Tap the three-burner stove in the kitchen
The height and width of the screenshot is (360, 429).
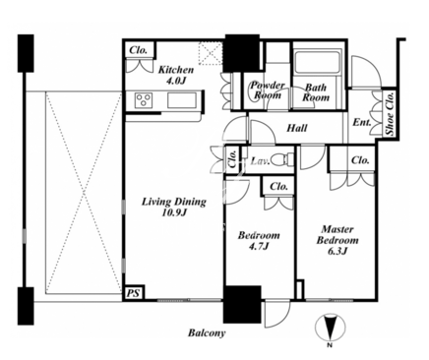145,100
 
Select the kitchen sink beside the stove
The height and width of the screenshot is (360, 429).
182,100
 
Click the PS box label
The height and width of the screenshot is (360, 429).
134,293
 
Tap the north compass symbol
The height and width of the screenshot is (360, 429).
331,329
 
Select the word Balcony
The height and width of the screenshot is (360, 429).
207,333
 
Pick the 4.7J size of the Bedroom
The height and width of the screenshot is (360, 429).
259,246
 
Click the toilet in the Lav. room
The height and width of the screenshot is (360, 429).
282,159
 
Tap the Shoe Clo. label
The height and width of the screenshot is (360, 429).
390,113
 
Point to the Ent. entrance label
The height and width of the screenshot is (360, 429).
362,123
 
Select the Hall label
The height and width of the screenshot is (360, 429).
297,128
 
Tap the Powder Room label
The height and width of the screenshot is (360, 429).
268,90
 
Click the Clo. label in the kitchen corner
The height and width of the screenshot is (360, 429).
138,50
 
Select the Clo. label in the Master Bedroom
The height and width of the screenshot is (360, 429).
360,160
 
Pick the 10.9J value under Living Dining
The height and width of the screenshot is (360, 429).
174,213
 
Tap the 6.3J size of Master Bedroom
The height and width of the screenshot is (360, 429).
337,251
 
